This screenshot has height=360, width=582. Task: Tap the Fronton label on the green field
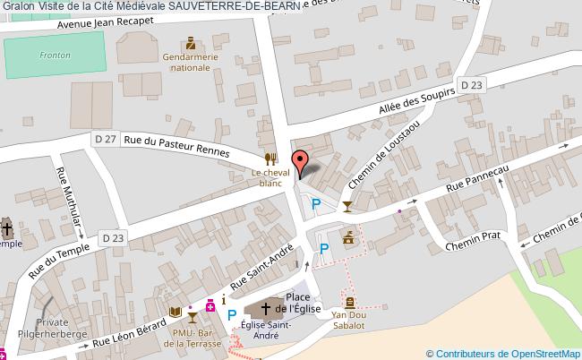[55, 55]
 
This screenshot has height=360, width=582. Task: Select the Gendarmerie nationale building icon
[190, 43]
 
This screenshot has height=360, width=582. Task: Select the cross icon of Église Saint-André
[266, 309]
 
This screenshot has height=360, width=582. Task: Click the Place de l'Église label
[297, 303]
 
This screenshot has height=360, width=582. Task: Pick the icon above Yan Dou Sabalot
[350, 303]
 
